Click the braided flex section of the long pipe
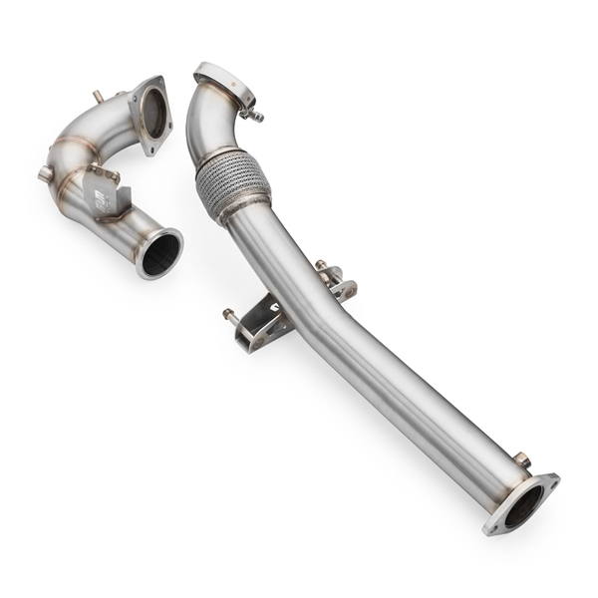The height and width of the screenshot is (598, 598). tap(233, 183)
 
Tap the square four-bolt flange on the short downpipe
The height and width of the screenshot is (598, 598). tap(150, 116)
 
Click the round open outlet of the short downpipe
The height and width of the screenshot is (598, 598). tap(160, 253)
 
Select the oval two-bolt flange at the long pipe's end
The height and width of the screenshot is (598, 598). tap(520, 504)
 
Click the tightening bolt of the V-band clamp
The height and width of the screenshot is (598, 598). tap(255, 114)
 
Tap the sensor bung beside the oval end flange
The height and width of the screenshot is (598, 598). tap(520, 459)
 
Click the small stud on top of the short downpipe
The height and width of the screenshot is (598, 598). tap(97, 97)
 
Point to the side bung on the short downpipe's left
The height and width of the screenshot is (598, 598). tap(45, 174)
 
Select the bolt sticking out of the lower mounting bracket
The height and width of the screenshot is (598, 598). tap(229, 314)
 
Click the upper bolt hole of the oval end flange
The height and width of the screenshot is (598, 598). tap(547, 483)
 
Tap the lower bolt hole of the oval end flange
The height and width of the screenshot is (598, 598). tap(492, 525)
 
